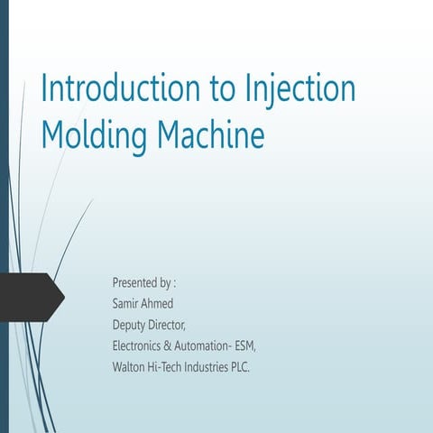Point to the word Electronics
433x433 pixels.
click(140, 345)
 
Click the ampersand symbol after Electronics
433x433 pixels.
click(176, 345)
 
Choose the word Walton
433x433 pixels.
click(129, 366)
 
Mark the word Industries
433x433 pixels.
click(220, 366)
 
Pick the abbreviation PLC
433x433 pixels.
click(262, 366)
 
